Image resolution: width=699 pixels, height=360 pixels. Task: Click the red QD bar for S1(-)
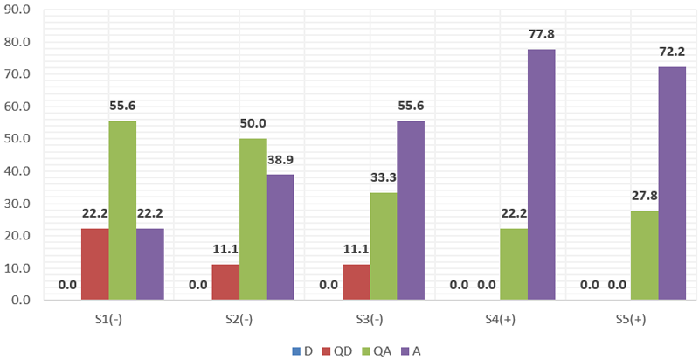coord(95,264)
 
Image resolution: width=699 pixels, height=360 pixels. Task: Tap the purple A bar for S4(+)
coord(541,175)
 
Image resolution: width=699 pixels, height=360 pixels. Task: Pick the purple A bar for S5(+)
coord(672,183)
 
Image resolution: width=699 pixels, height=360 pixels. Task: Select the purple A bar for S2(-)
coord(280,237)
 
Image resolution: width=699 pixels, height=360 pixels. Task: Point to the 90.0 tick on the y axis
coord(17,10)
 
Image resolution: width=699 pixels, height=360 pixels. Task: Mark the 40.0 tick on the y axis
coord(17,171)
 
